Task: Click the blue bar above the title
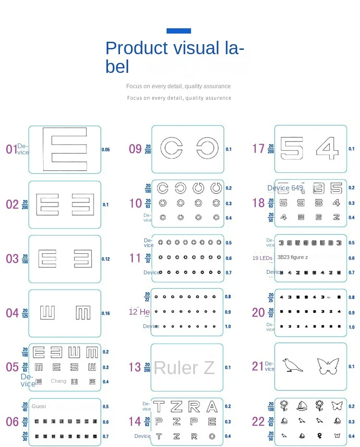(x=179, y=31)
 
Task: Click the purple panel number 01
(x=12, y=149)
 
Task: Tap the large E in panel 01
(x=65, y=149)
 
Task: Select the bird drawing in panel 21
(x=292, y=365)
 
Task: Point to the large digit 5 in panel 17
(x=292, y=149)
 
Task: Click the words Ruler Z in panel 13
(x=184, y=368)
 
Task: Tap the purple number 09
(x=135, y=149)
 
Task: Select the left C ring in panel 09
(x=171, y=148)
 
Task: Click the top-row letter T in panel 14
(x=158, y=407)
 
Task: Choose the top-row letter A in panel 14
(x=212, y=407)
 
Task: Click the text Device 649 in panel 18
(x=285, y=188)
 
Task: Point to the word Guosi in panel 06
(x=39, y=406)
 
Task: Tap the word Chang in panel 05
(x=59, y=381)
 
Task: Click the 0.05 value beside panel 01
(x=106, y=150)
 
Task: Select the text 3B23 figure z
(x=292, y=258)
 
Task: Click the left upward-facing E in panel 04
(x=47, y=313)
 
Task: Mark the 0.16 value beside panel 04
(x=106, y=314)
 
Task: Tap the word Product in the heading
(x=136, y=48)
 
